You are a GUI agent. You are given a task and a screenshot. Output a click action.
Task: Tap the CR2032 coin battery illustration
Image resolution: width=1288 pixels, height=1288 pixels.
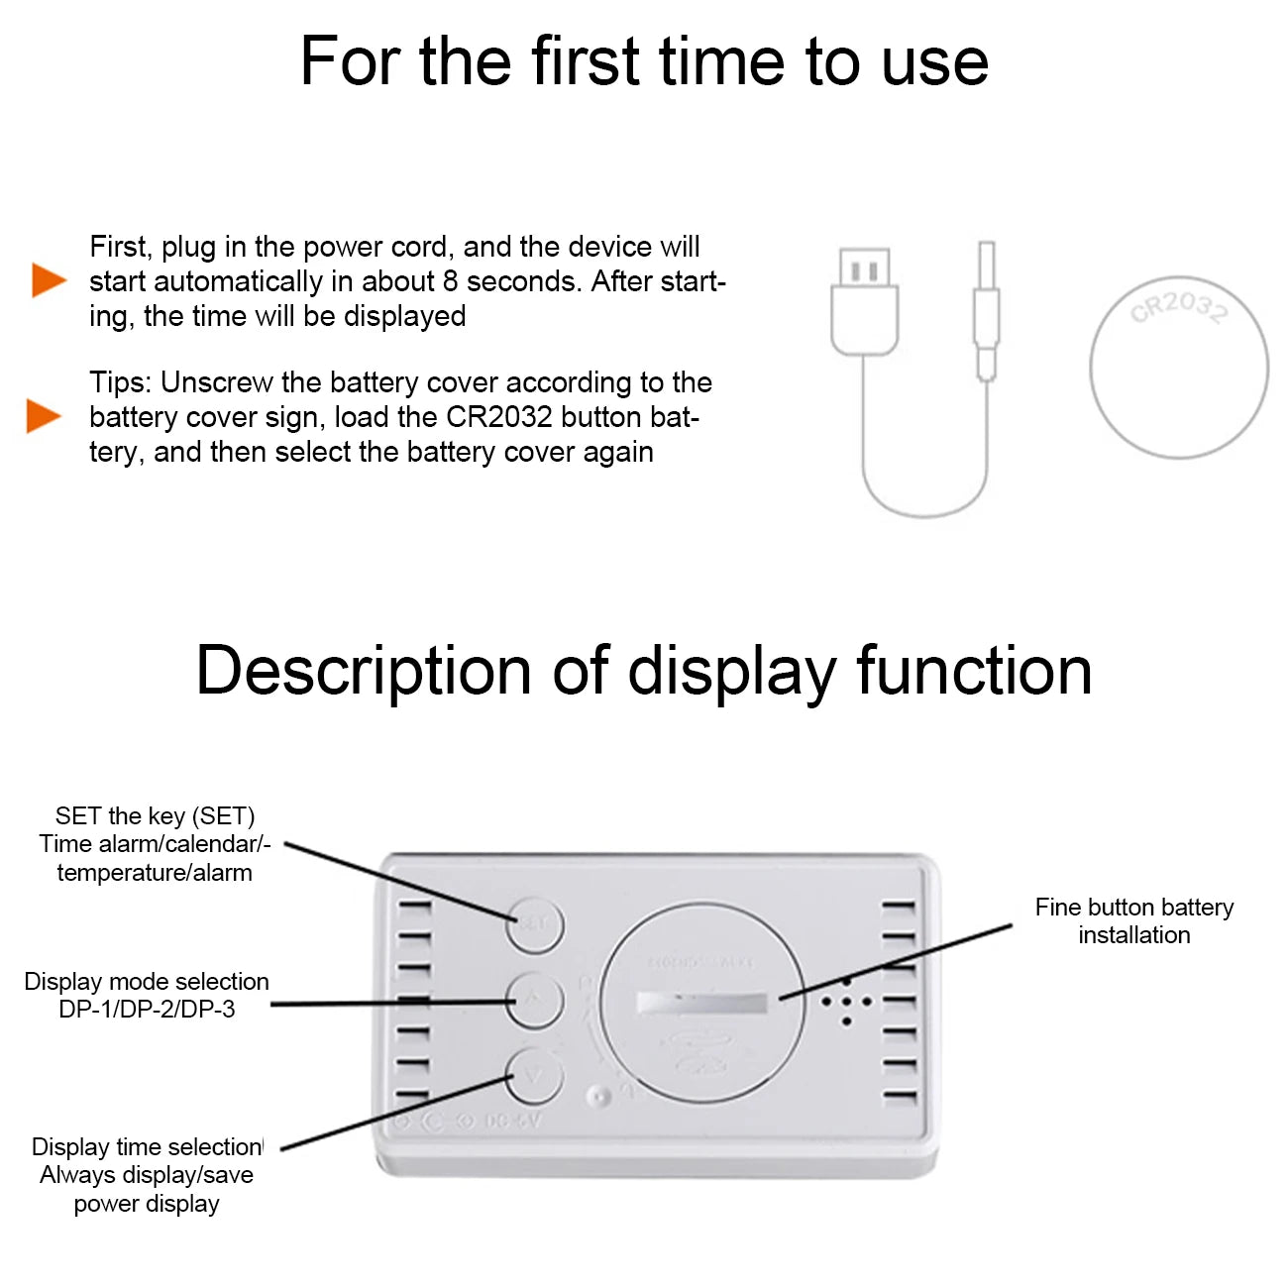tap(1178, 368)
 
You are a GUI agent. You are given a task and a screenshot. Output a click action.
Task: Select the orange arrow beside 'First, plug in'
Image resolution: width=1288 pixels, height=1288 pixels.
tap(48, 280)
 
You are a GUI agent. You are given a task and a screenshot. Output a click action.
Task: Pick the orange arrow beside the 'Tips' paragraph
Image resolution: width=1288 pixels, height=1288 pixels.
tap(43, 416)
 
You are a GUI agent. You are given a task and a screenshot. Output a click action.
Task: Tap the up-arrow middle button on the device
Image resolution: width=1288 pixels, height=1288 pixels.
tap(535, 1001)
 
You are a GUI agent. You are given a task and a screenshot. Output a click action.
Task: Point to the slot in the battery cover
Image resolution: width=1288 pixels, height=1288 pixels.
tap(701, 1003)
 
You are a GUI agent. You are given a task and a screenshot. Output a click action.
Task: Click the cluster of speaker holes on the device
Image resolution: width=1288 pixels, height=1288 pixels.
tap(846, 1001)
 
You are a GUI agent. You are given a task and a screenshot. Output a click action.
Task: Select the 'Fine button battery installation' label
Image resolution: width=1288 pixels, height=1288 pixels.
tap(1134, 920)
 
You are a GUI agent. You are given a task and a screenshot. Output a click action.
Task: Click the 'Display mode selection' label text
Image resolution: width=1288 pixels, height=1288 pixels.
tap(147, 982)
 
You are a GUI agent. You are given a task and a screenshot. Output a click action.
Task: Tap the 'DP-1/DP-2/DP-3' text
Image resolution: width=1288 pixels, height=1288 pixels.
tap(147, 1010)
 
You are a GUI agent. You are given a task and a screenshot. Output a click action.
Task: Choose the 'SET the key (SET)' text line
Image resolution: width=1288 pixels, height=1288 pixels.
tap(155, 816)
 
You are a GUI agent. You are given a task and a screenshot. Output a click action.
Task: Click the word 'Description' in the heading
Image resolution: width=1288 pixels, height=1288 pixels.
tap(364, 672)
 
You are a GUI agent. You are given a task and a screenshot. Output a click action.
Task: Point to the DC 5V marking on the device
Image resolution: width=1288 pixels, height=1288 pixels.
tap(512, 1122)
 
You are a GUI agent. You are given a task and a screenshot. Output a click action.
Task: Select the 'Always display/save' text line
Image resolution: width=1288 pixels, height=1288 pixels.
tap(147, 1175)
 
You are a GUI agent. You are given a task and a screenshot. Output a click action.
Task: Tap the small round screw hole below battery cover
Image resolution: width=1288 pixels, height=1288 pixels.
tap(597, 1097)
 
